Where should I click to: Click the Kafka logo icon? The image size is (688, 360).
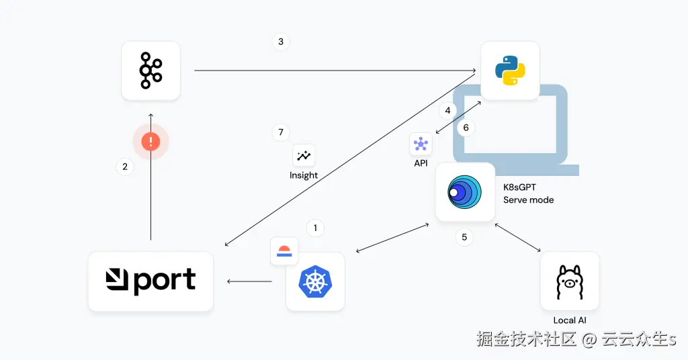[x=150, y=71]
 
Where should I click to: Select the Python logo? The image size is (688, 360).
[x=510, y=70]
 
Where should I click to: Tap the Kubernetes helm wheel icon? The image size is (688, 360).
[x=315, y=281]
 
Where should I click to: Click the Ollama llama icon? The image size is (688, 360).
[x=570, y=282]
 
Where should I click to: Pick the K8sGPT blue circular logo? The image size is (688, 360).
[x=465, y=192]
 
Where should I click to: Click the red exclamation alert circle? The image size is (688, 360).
[x=150, y=141]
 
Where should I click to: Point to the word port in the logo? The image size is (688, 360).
[x=164, y=281]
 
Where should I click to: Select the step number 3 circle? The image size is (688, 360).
[x=281, y=42]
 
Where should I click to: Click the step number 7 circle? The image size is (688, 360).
[x=281, y=132]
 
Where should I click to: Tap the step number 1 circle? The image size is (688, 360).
[x=315, y=228]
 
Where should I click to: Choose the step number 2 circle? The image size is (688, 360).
[x=125, y=167]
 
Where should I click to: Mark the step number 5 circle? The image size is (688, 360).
[x=464, y=237]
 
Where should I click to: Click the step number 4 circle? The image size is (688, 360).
[x=447, y=111]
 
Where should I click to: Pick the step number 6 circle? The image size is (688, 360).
[x=466, y=128]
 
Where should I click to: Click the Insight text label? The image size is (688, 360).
[x=304, y=175]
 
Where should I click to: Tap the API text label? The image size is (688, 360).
[x=421, y=163]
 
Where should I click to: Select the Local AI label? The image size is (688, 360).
[x=570, y=320]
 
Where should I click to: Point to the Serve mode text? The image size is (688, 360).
[x=528, y=200]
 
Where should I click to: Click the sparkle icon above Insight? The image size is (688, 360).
[x=304, y=156]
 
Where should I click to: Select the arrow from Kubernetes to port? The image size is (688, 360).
[x=249, y=281]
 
